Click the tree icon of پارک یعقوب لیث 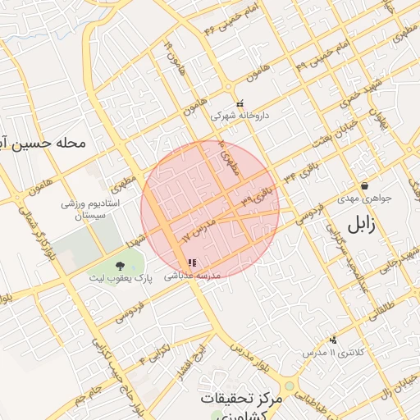[121, 265]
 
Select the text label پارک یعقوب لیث [121, 279]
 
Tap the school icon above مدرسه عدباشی [192, 263]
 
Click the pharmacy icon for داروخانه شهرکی [240, 104]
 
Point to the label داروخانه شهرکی [240, 116]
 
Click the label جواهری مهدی [364, 199]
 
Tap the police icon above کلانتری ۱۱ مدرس [333, 340]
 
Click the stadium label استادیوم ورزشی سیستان [92, 208]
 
